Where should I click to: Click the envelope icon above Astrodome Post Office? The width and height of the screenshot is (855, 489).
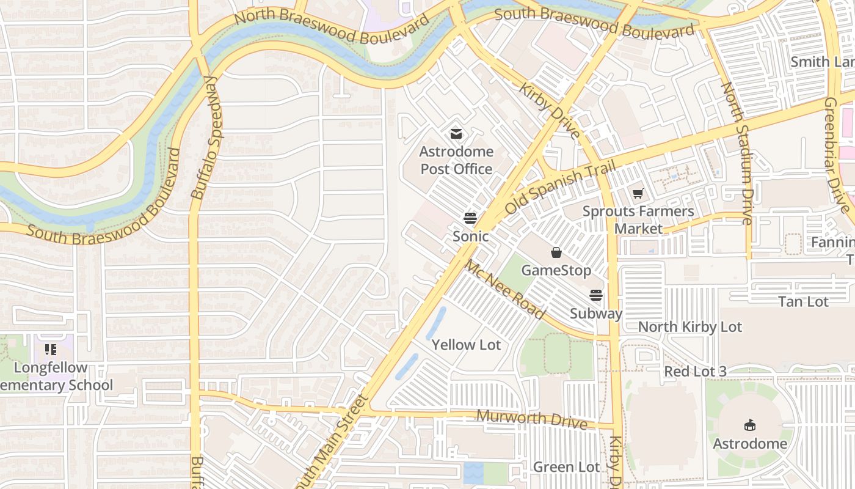coord(456,134)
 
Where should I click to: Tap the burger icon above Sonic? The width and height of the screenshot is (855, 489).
coord(470,218)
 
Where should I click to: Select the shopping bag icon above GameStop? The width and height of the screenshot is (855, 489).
coord(556,252)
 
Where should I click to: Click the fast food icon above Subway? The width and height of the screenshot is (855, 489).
coord(596,296)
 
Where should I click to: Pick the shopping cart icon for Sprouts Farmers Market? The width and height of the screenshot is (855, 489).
coord(638,194)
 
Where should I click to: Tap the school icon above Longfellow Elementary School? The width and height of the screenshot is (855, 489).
coord(51,350)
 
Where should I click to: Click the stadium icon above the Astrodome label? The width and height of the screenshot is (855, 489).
coord(750,425)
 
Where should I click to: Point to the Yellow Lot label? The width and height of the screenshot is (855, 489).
coord(466,345)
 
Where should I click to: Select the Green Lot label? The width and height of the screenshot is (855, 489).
coord(566,467)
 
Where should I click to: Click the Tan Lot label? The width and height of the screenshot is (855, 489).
coord(803,301)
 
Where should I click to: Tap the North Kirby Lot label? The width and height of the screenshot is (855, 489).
coord(690,327)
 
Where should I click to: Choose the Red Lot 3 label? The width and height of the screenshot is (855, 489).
coord(695,371)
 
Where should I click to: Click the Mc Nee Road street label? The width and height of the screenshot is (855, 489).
coord(504,290)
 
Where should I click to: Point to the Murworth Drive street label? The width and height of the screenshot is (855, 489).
coord(531,420)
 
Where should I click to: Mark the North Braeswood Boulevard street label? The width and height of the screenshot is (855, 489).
coord(332,26)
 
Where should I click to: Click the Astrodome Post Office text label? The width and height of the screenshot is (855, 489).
coord(456,160)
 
